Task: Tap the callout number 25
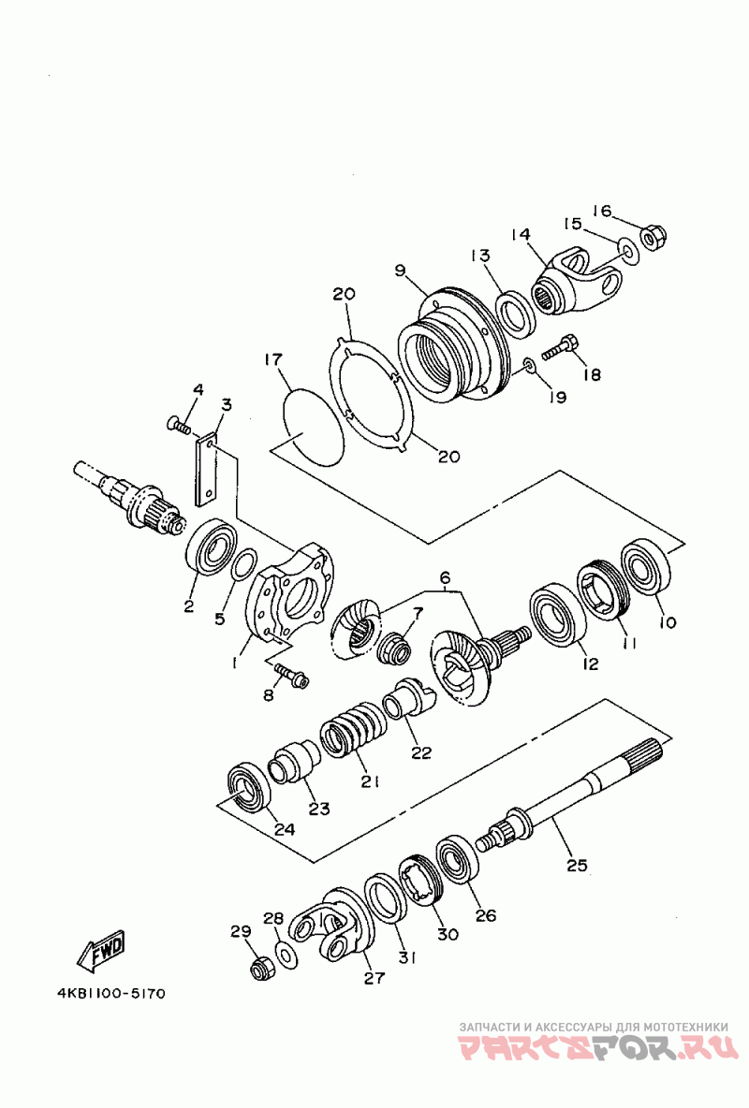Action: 577,866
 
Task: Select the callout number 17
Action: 272,359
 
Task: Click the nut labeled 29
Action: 263,968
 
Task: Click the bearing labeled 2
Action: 213,546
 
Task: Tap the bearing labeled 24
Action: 249,784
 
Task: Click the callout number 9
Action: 400,270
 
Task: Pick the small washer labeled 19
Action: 529,364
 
